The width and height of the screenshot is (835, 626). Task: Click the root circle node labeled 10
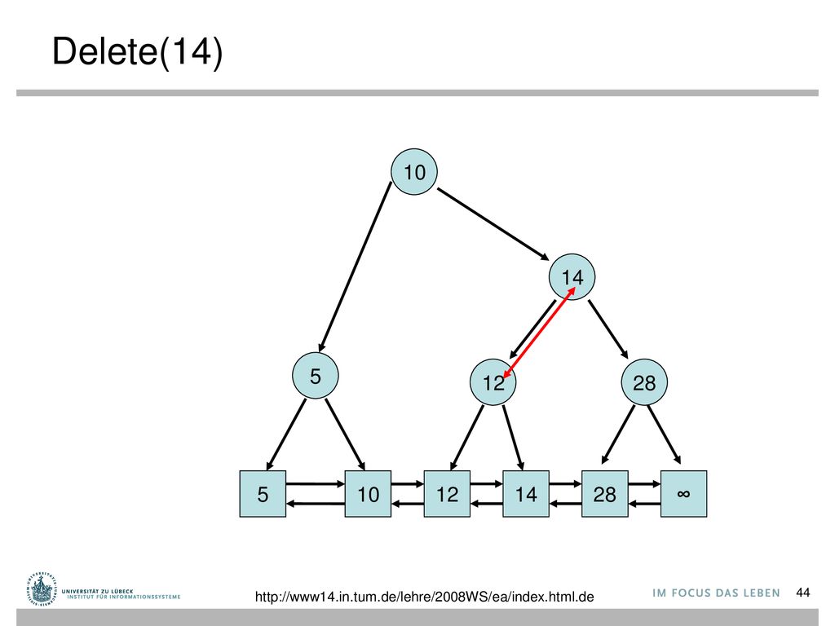point(414,171)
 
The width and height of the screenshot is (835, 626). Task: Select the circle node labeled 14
point(572,277)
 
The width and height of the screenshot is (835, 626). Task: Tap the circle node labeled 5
point(316,375)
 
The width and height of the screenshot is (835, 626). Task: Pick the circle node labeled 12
point(493,381)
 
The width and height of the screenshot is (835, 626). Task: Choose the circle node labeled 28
point(644,381)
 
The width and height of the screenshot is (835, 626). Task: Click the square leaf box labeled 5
point(263,493)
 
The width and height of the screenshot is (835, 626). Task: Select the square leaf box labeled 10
point(368,493)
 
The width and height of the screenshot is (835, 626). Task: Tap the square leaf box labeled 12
point(447,493)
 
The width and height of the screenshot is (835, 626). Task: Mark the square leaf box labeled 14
point(526,493)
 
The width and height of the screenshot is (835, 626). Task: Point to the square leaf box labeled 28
point(604,493)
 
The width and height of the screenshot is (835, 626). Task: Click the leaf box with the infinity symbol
point(684,493)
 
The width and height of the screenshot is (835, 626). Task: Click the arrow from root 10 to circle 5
point(355,267)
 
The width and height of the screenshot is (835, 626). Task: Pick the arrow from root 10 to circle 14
point(493,224)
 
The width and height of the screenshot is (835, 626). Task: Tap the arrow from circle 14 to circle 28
point(608,329)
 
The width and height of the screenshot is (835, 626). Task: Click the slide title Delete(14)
point(137,51)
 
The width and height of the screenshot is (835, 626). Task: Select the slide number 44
point(803,593)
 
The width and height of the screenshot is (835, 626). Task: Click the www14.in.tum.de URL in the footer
point(424,597)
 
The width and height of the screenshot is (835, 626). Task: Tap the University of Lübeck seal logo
point(41,589)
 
